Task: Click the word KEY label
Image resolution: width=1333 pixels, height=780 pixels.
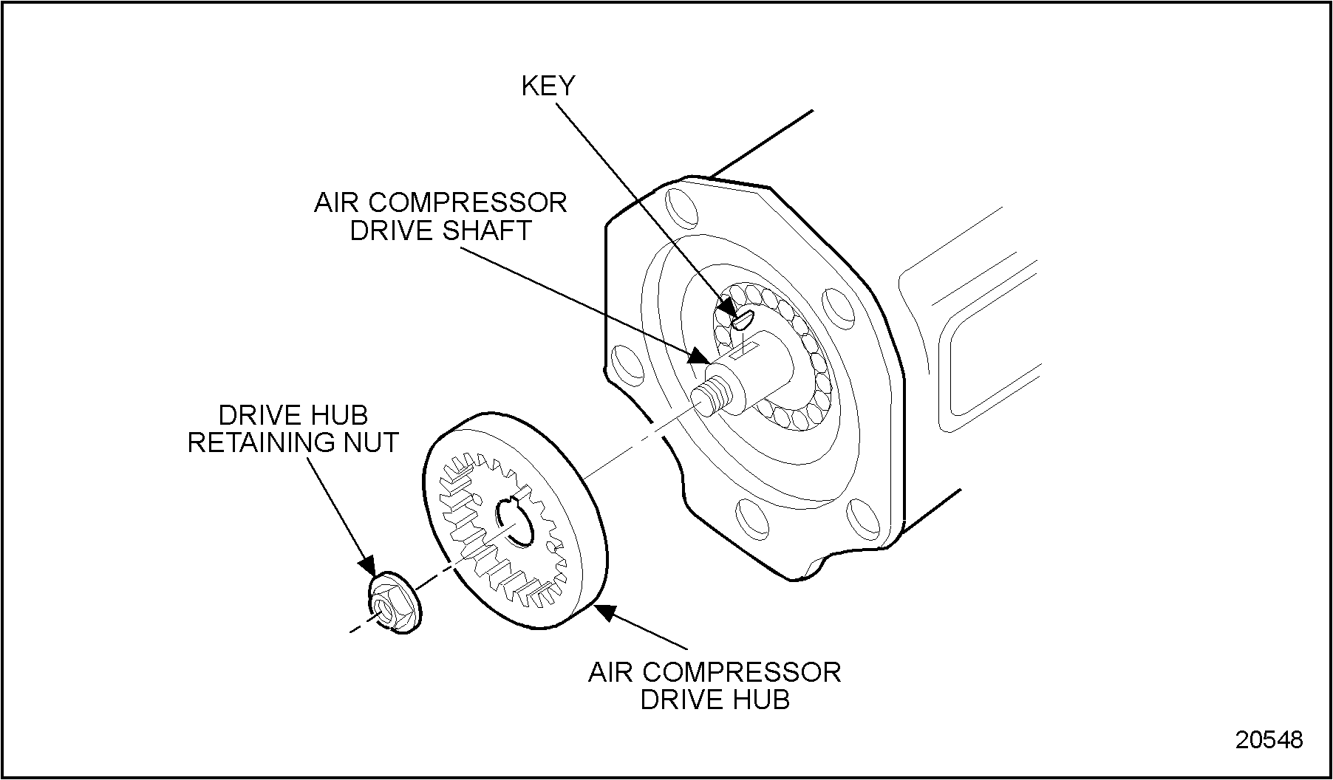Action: pyautogui.click(x=548, y=86)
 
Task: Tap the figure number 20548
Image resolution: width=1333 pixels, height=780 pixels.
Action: pyautogui.click(x=1269, y=739)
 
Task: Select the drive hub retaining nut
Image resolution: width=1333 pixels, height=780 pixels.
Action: pyautogui.click(x=393, y=603)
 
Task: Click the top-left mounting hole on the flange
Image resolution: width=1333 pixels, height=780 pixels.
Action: pyautogui.click(x=680, y=209)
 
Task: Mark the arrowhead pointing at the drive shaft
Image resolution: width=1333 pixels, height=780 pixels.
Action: pyautogui.click(x=698, y=357)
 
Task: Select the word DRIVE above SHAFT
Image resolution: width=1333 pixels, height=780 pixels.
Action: pyautogui.click(x=392, y=230)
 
